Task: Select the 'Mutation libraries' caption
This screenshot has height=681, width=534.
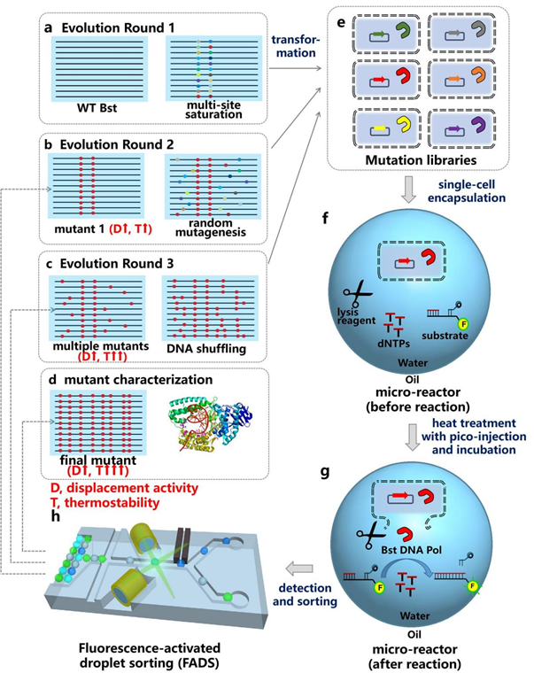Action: point(415,160)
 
